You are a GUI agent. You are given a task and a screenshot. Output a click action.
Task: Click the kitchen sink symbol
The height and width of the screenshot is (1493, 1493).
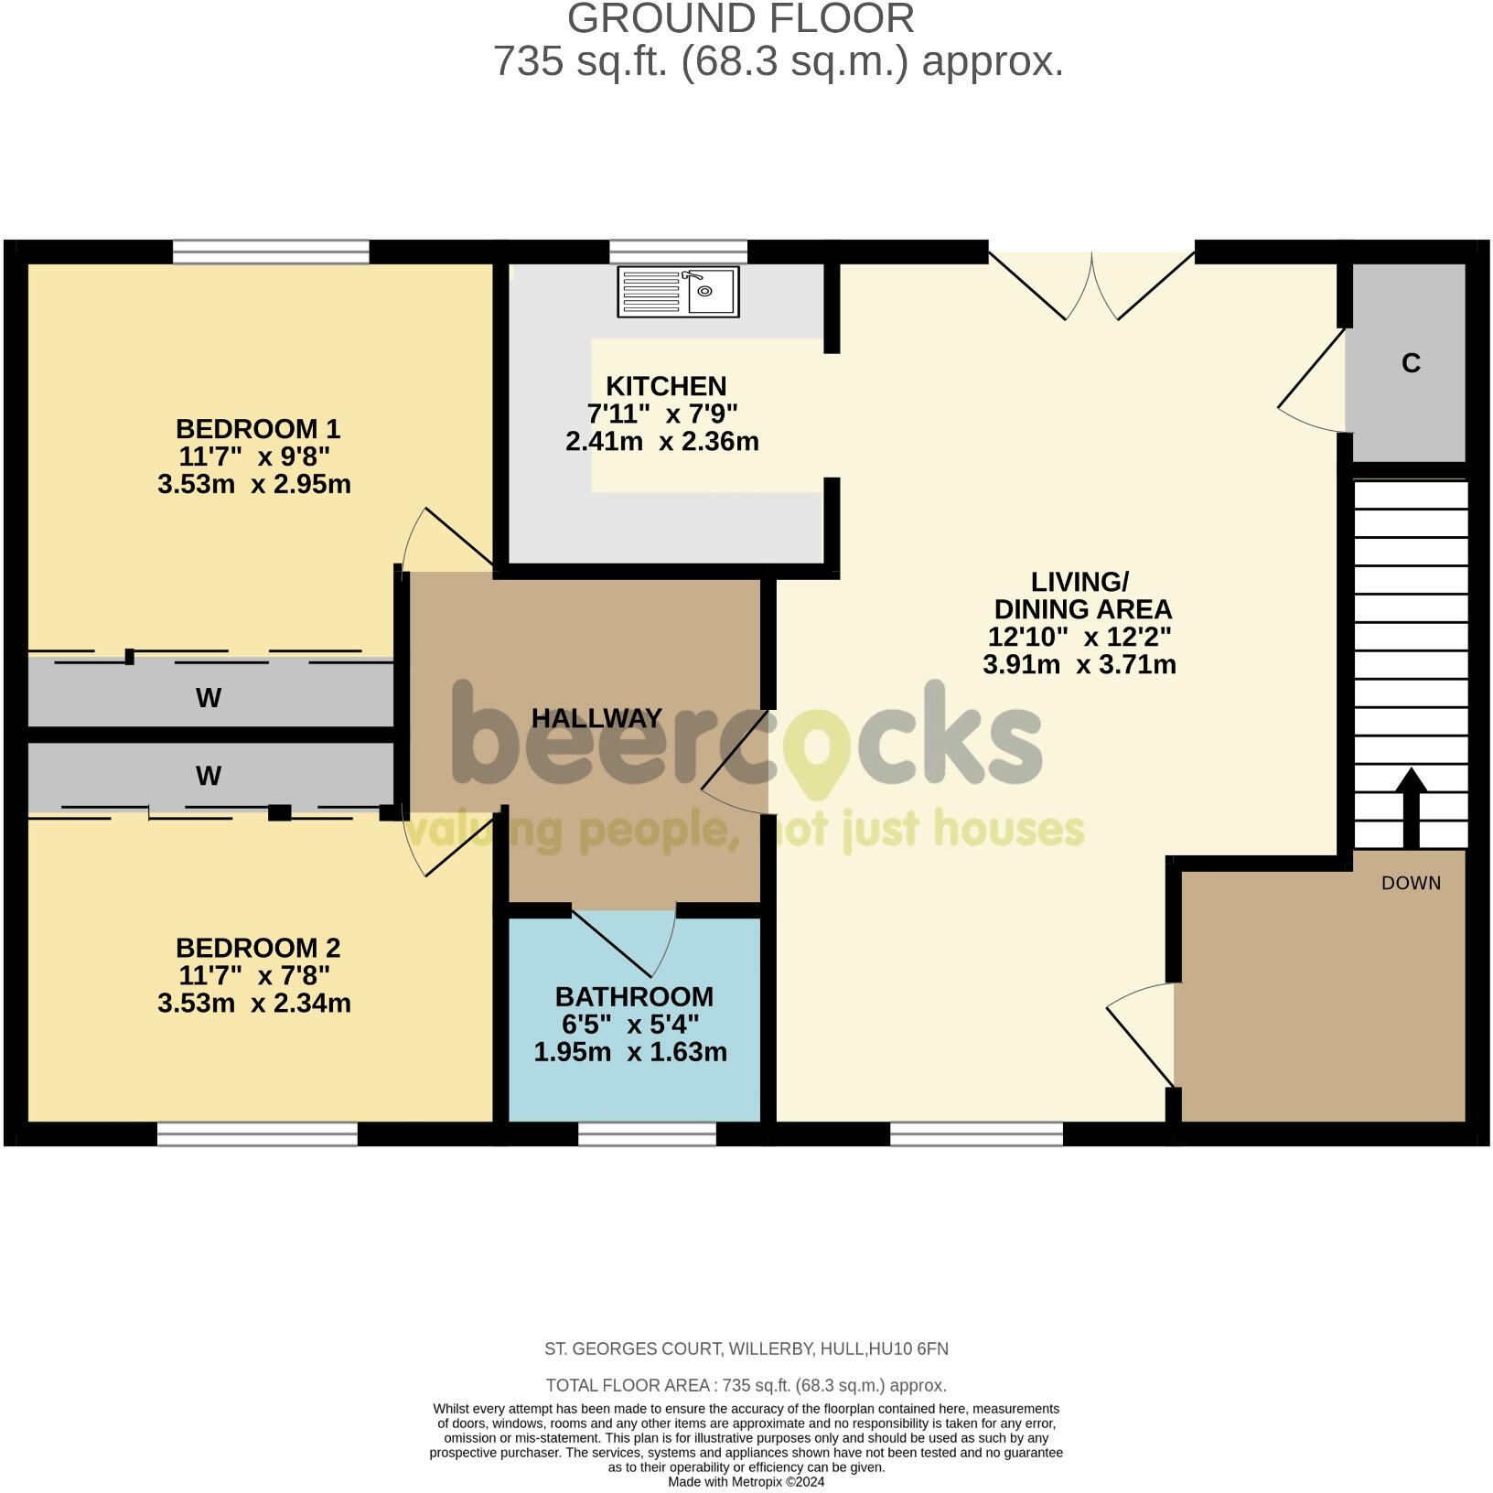pyautogui.click(x=678, y=292)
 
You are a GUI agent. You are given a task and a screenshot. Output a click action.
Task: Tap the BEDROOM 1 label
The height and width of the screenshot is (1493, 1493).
pyautogui.click(x=257, y=428)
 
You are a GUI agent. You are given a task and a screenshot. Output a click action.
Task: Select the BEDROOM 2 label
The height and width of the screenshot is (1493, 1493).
pyautogui.click(x=257, y=947)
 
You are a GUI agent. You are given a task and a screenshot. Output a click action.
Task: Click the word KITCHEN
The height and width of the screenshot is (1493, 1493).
pyautogui.click(x=665, y=385)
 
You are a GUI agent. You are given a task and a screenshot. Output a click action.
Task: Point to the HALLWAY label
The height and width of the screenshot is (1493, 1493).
pyautogui.click(x=596, y=718)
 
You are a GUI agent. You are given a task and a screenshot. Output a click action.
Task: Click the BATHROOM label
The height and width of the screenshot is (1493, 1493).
pyautogui.click(x=633, y=996)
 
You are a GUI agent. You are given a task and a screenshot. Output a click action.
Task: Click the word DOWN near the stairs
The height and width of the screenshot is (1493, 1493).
pyautogui.click(x=1411, y=883)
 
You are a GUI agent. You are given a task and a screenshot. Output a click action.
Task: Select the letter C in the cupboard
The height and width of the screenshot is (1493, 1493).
pyautogui.click(x=1411, y=363)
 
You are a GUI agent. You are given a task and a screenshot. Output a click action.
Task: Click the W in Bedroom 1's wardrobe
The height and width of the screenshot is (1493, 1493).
pyautogui.click(x=209, y=698)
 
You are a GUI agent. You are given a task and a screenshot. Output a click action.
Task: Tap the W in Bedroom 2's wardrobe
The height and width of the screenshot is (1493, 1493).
pyautogui.click(x=209, y=776)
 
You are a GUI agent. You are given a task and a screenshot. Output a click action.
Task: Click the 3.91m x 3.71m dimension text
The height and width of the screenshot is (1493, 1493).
pyautogui.click(x=1079, y=664)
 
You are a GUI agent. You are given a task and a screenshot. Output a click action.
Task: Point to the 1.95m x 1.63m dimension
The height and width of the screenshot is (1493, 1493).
pyautogui.click(x=630, y=1052)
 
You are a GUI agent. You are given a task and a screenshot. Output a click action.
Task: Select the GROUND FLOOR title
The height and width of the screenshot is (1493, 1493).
pyautogui.click(x=740, y=19)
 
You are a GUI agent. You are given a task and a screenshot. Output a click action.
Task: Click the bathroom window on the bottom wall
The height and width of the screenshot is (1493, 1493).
pyautogui.click(x=647, y=1134)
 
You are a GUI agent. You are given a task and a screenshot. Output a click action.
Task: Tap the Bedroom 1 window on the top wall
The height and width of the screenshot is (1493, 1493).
pyautogui.click(x=271, y=252)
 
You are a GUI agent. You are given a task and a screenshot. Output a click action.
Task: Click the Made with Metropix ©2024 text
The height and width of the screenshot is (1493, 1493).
pyautogui.click(x=746, y=1481)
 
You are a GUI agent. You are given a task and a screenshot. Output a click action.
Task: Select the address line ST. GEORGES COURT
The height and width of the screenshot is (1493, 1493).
pyautogui.click(x=746, y=1348)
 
